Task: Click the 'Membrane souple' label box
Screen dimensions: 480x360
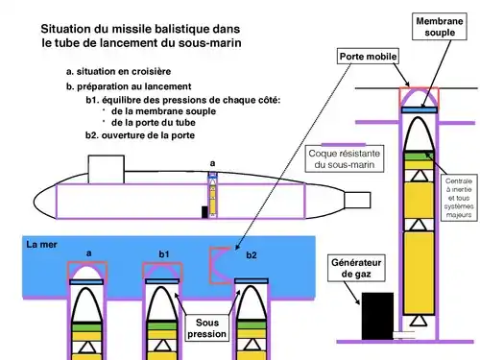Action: pyautogui.click(x=439, y=27)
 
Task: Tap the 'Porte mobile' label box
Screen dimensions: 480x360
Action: pyautogui.click(x=368, y=57)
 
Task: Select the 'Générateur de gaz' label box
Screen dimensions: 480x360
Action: pyautogui.click(x=356, y=268)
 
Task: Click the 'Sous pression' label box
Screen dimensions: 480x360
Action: pyautogui.click(x=206, y=328)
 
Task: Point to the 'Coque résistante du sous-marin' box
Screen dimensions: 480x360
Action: pyautogui.click(x=345, y=158)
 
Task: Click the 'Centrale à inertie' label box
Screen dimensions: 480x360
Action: pyautogui.click(x=459, y=198)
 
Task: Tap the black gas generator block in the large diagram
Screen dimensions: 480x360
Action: pyautogui.click(x=377, y=316)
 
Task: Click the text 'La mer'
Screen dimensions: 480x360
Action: pyautogui.click(x=41, y=245)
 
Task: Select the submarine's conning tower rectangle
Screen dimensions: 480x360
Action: pyautogui.click(x=107, y=169)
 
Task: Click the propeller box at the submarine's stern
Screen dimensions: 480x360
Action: pyautogui.click(x=357, y=200)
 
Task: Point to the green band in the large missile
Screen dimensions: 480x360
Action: pyautogui.click(x=419, y=156)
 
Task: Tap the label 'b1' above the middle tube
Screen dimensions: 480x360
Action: pyautogui.click(x=164, y=254)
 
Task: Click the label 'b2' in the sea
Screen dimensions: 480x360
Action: pyautogui.click(x=252, y=255)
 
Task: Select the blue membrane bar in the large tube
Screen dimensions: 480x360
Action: pyautogui.click(x=420, y=110)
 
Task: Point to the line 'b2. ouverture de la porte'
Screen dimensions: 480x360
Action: pyautogui.click(x=140, y=135)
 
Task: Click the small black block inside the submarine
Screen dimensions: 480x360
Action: pyautogui.click(x=204, y=212)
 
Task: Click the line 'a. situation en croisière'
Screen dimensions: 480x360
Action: pyautogui.click(x=118, y=71)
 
